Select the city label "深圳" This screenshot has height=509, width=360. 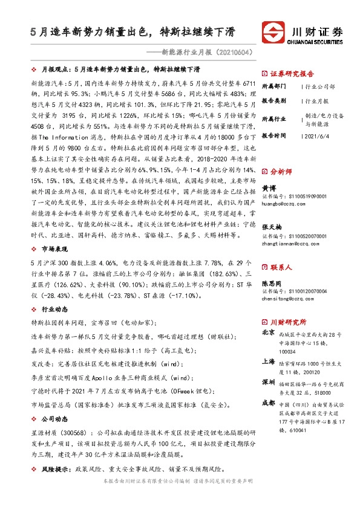click(x=268, y=383)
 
